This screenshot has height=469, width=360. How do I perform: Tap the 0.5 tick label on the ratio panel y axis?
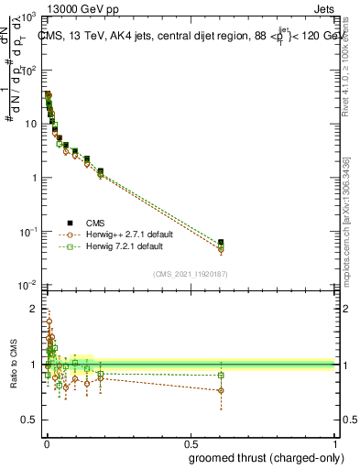point(29,420)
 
